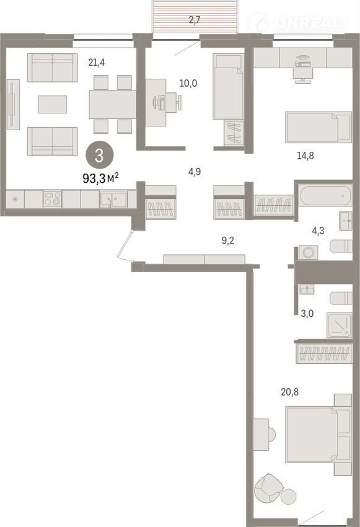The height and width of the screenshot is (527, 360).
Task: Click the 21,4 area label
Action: (97, 62)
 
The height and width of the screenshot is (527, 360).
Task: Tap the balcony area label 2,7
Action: (195, 20)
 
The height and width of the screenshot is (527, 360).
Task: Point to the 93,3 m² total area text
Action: (100, 178)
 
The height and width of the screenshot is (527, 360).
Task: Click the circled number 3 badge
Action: (99, 155)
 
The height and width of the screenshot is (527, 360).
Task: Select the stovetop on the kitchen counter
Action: (53, 198)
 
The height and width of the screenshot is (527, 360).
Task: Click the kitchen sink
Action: (113, 200)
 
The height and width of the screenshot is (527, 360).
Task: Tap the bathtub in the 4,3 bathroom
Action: (325, 195)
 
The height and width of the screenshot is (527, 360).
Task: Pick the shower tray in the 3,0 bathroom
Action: (339, 325)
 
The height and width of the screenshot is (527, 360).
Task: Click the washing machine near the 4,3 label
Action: (309, 252)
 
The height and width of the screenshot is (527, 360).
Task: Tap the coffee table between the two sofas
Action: (53, 104)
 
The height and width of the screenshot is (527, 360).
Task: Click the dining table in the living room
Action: (113, 104)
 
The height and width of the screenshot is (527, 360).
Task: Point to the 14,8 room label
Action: (305, 155)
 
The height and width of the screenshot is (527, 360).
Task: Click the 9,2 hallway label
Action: (227, 241)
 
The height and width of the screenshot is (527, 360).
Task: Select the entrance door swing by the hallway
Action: (125, 246)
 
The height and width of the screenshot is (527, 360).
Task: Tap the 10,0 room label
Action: (188, 83)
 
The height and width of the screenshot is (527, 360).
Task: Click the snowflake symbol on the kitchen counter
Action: (15, 199)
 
